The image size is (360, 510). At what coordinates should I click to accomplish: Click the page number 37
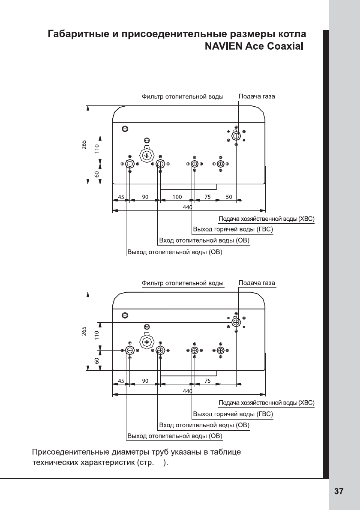(x=339, y=492)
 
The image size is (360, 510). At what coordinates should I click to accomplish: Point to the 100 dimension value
(x=177, y=197)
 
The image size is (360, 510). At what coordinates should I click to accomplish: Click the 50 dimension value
(x=229, y=197)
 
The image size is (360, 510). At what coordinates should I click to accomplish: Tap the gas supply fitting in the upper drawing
(x=236, y=136)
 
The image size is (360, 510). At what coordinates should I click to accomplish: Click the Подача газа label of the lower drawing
(x=257, y=283)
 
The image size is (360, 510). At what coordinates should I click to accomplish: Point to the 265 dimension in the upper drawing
(x=84, y=145)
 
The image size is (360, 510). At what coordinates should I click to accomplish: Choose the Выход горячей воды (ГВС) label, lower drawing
(x=233, y=414)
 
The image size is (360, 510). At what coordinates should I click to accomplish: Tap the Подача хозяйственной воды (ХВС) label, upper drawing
(x=267, y=219)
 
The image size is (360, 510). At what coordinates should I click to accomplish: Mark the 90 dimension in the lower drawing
(x=145, y=381)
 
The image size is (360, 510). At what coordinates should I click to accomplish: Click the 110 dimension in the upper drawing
(x=97, y=149)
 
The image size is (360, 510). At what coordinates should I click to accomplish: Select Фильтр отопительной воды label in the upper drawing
(x=183, y=97)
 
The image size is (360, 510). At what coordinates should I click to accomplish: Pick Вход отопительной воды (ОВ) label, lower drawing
(x=204, y=425)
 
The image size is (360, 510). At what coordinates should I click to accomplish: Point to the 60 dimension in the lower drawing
(x=97, y=360)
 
